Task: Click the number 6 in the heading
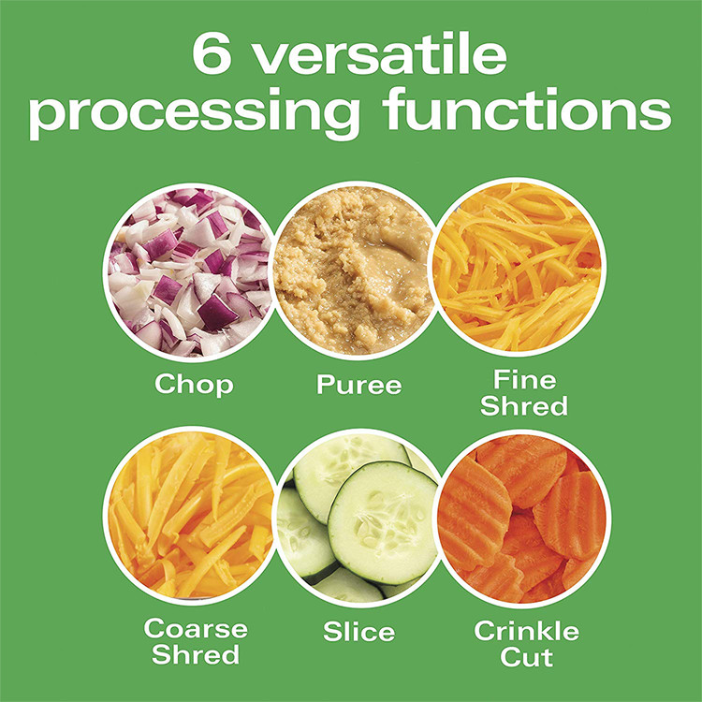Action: pyautogui.click(x=212, y=52)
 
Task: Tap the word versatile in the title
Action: pyautogui.click(x=381, y=52)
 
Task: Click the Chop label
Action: pyautogui.click(x=194, y=384)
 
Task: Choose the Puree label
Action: pyautogui.click(x=359, y=385)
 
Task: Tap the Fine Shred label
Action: pyautogui.click(x=524, y=392)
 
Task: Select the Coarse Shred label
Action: pyautogui.click(x=196, y=641)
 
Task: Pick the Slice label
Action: pyautogui.click(x=359, y=632)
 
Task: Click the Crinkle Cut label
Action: pyautogui.click(x=526, y=643)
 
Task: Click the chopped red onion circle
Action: pyautogui.click(x=189, y=272)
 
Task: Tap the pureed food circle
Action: pyautogui.click(x=354, y=271)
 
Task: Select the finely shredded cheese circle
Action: pyautogui.click(x=518, y=268)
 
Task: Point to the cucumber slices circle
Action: pyautogui.click(x=357, y=519)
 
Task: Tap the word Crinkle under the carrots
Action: pyautogui.click(x=526, y=631)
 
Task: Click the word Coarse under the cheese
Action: pyautogui.click(x=196, y=629)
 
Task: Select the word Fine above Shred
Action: pyautogui.click(x=525, y=380)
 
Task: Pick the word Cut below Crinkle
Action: pyautogui.click(x=526, y=656)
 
